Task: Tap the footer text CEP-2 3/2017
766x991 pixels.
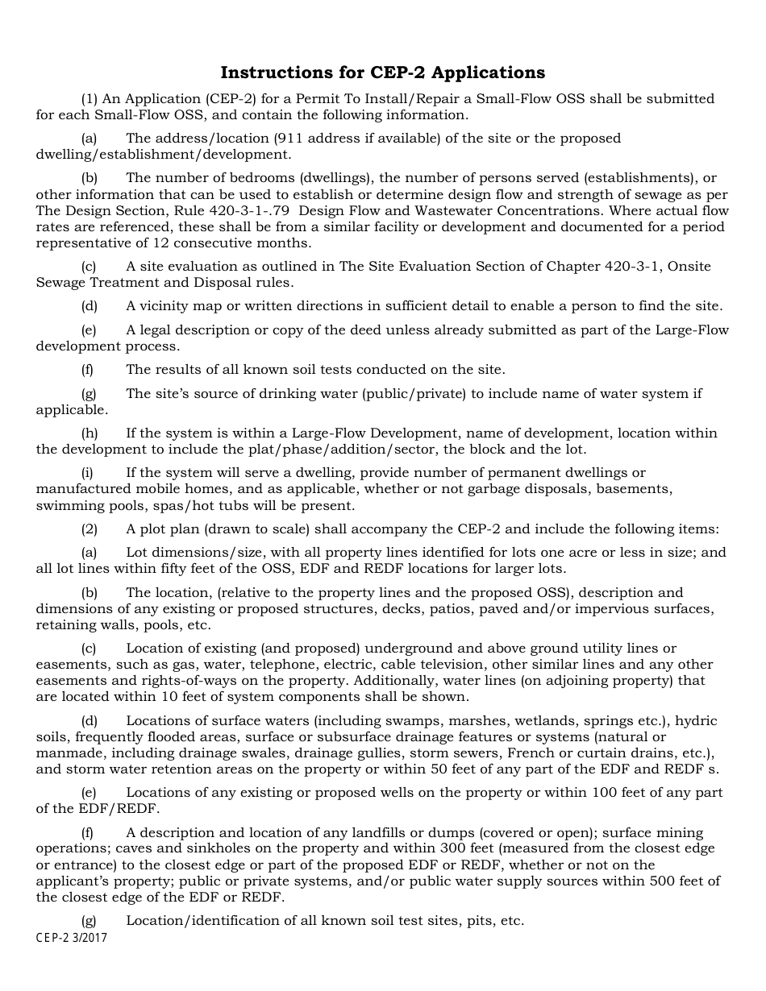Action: coord(72,939)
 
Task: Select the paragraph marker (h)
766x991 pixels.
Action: coord(89,433)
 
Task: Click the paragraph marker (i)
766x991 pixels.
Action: coord(87,472)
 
